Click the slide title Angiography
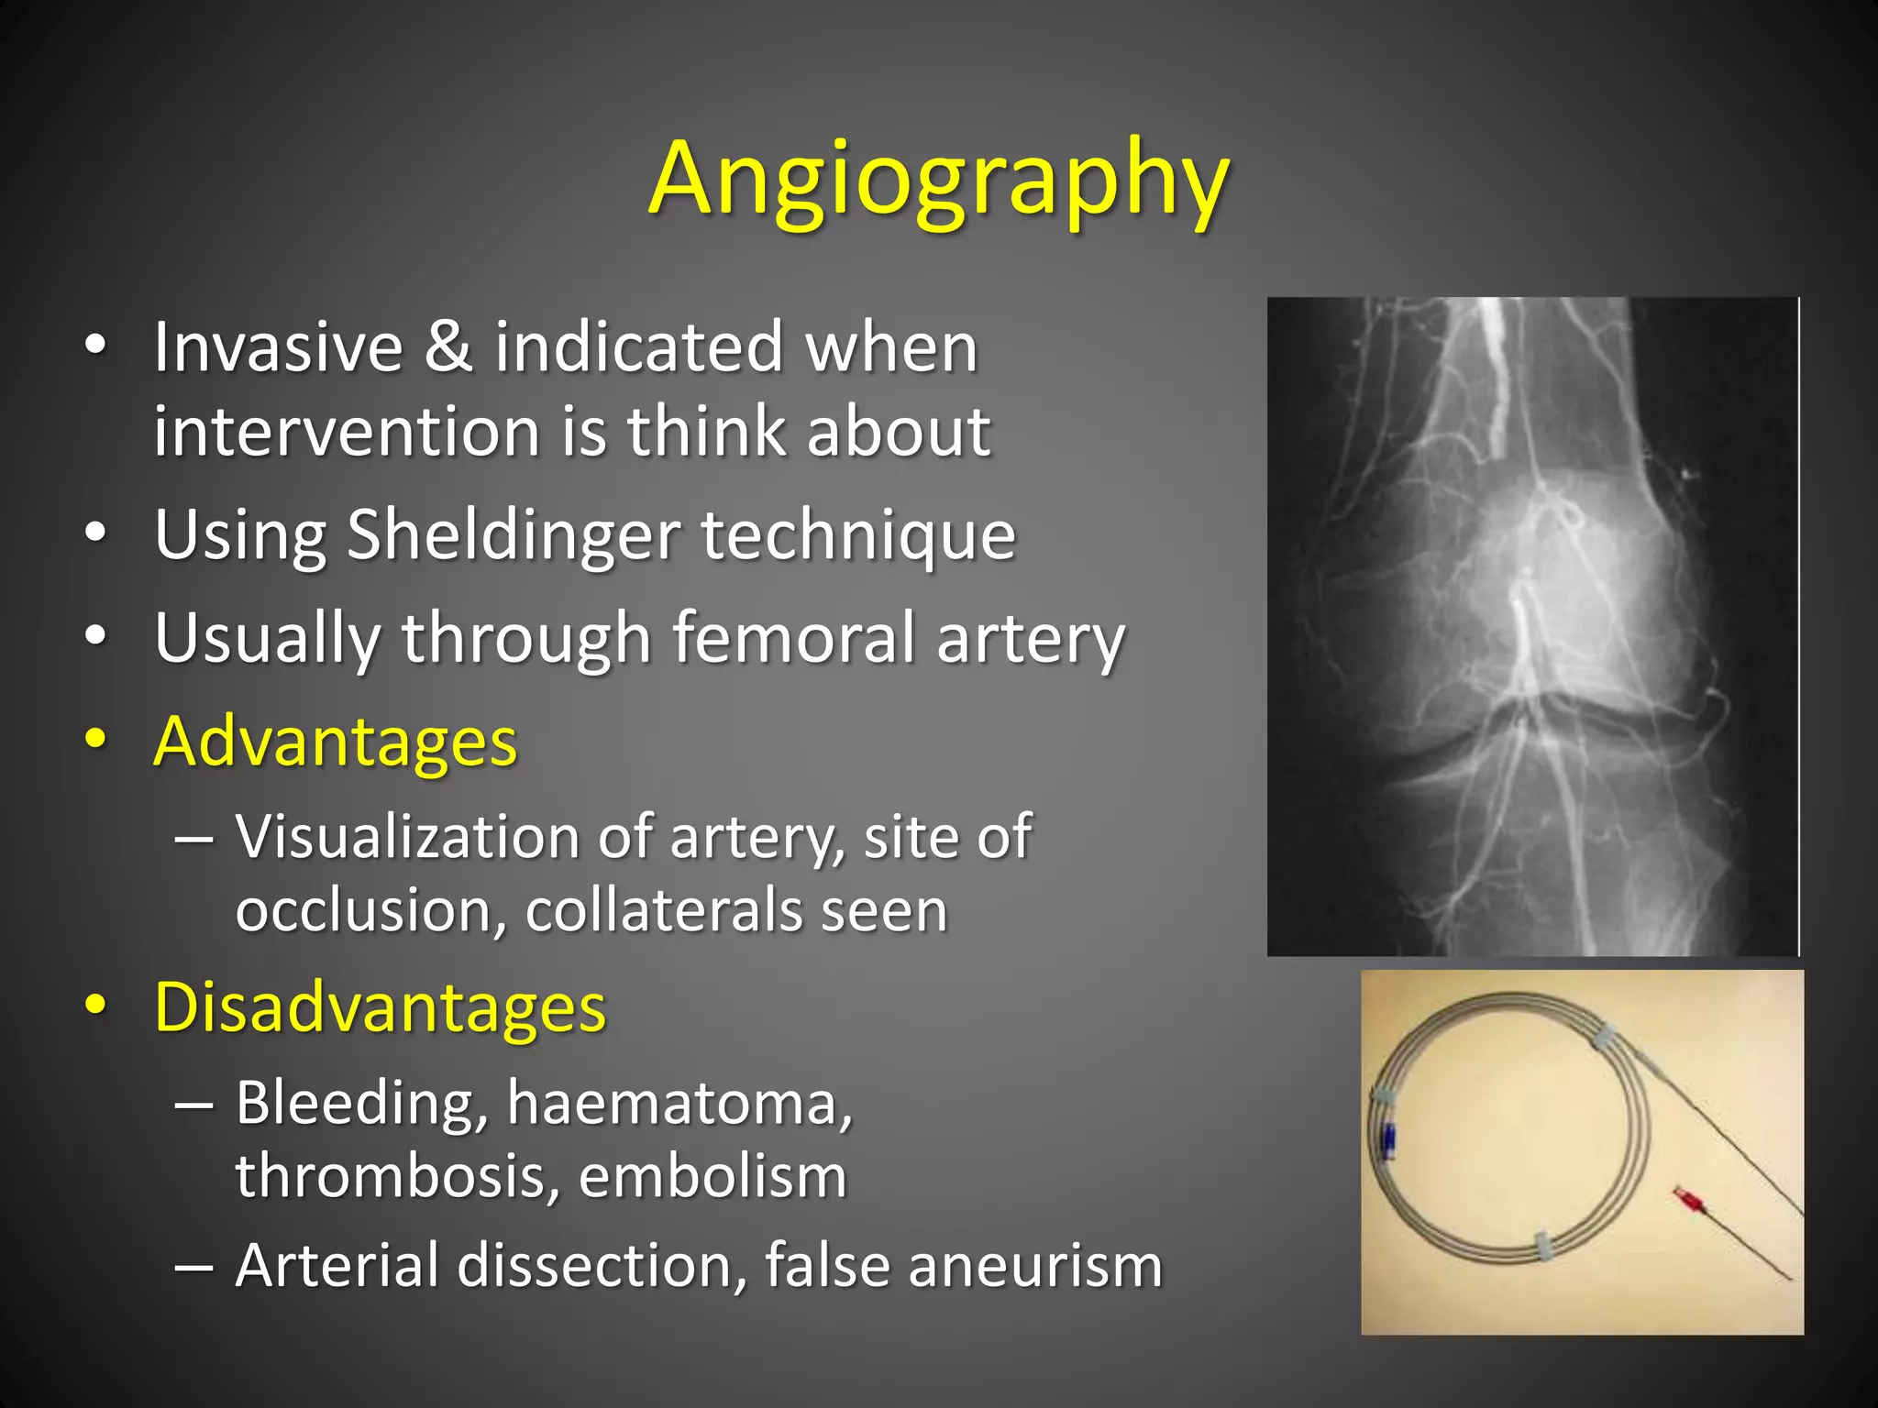click(x=938, y=180)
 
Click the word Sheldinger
click(x=513, y=535)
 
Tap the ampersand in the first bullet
click(x=448, y=347)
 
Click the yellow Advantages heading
click(x=336, y=741)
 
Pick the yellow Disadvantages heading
click(x=380, y=1006)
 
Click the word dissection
click(x=602, y=1266)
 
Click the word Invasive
click(x=278, y=347)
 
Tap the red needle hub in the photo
click(x=1685, y=1199)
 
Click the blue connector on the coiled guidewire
click(x=1390, y=1140)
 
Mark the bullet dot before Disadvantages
click(x=94, y=1005)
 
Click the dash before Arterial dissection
click(x=193, y=1266)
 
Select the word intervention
click(x=346, y=431)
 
